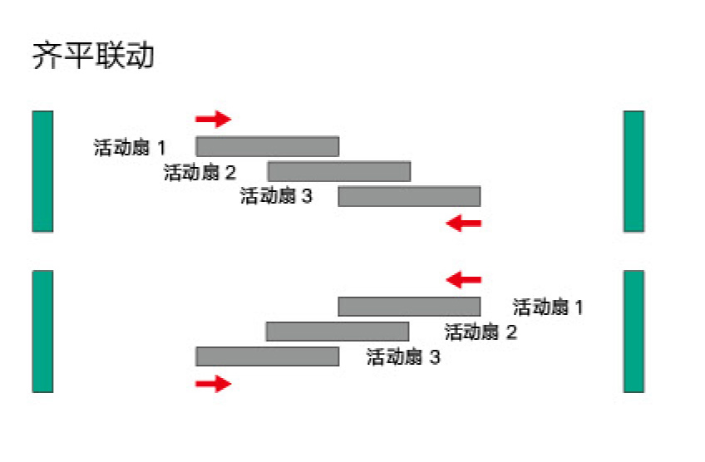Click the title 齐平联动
(93, 57)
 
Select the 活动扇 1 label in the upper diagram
(130, 149)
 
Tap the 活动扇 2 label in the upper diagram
(200, 173)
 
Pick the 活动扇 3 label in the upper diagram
(276, 197)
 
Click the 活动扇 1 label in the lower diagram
(548, 307)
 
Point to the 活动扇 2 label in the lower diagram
(481, 333)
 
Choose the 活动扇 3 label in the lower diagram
(403, 358)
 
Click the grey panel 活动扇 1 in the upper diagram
(268, 146)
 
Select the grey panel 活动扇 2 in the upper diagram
(339, 171)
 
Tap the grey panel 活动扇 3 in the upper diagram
(409, 196)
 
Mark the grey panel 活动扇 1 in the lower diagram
(409, 307)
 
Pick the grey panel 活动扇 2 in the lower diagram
(338, 332)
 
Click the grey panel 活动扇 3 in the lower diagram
(268, 356)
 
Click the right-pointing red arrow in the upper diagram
(213, 119)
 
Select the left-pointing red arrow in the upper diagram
(464, 223)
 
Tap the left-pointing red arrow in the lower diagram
(464, 278)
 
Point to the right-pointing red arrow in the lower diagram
(213, 383)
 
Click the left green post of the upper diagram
(42, 171)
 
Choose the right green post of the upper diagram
(634, 171)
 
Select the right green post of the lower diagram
(634, 331)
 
